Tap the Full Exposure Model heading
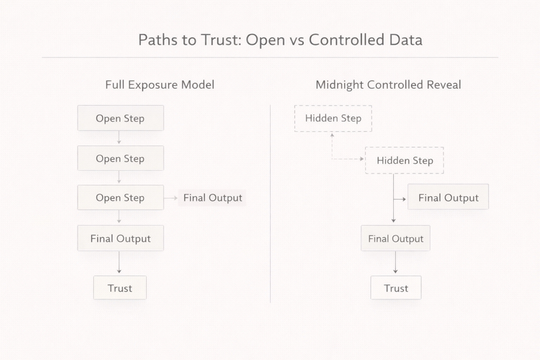(160, 85)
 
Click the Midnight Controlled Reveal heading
(388, 85)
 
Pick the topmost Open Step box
(120, 119)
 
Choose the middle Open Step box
(120, 158)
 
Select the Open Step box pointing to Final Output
(120, 198)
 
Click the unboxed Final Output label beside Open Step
(213, 198)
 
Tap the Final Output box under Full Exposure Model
(120, 239)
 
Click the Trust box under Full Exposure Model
(120, 288)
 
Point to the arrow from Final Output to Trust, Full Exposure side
(119, 263)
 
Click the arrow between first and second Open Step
(119, 138)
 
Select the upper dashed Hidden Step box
(333, 119)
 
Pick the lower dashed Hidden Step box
(404, 160)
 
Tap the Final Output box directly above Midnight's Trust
(395, 239)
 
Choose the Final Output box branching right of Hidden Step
(448, 198)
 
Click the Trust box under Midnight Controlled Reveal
(396, 288)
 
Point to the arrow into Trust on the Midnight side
(396, 263)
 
